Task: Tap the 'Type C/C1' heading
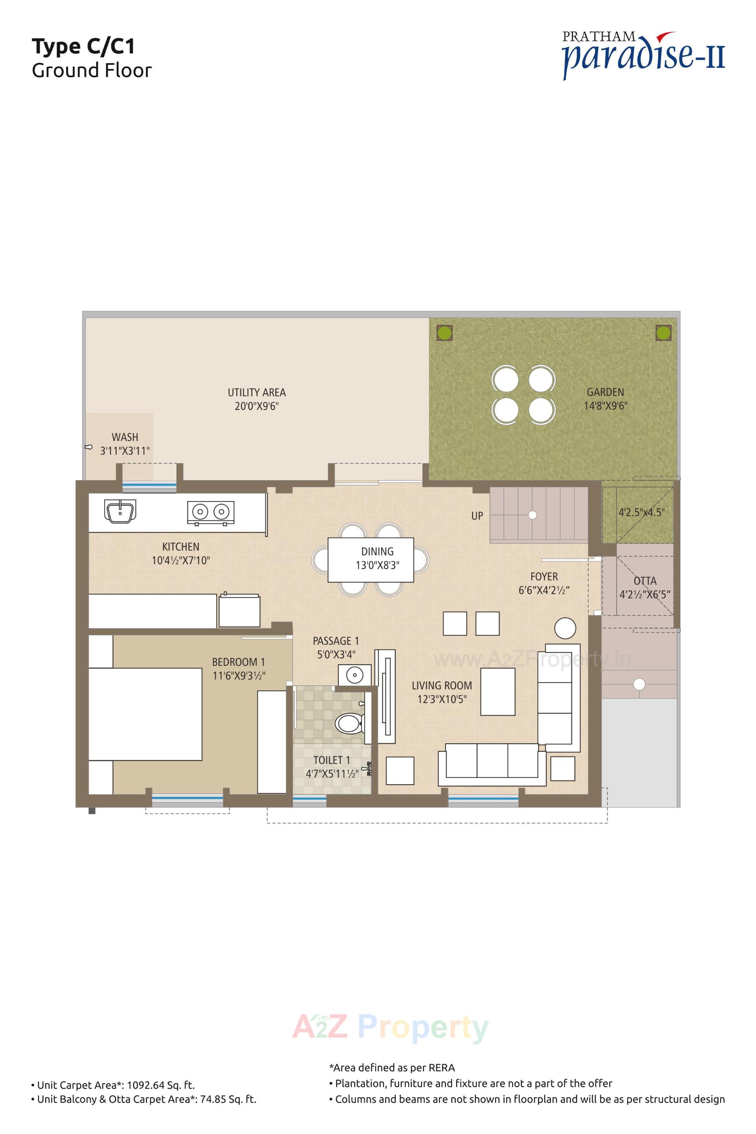point(83,46)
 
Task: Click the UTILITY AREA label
point(256,393)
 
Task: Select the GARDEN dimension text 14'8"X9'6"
point(605,406)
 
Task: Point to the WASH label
point(125,437)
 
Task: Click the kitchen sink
point(120,511)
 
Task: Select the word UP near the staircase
point(477,516)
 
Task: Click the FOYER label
point(544,576)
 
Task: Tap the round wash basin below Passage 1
point(354,675)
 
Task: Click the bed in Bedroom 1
point(145,714)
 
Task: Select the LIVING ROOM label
point(442,685)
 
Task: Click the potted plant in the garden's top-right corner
point(663,332)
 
